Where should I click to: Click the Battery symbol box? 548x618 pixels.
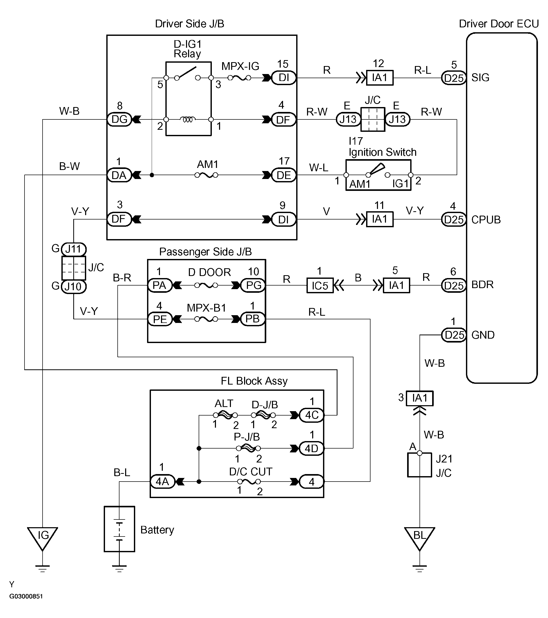click(119, 529)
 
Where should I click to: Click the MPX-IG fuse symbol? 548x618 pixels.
click(239, 78)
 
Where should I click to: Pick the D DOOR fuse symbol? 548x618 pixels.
click(206, 285)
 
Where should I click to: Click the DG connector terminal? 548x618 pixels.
click(119, 119)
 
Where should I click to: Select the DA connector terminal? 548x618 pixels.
click(119, 175)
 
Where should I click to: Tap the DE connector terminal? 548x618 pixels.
click(283, 175)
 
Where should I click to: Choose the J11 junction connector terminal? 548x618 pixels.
click(74, 249)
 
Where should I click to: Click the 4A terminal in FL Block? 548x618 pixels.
click(162, 481)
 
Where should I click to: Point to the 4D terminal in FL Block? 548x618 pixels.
click(311, 448)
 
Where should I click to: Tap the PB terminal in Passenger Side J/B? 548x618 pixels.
click(253, 319)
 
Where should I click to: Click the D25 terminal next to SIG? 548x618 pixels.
click(454, 78)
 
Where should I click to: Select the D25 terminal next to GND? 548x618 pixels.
click(454, 335)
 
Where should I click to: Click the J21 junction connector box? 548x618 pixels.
click(420, 465)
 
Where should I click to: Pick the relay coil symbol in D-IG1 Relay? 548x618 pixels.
click(188, 119)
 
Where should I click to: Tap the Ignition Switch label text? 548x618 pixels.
click(382, 152)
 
